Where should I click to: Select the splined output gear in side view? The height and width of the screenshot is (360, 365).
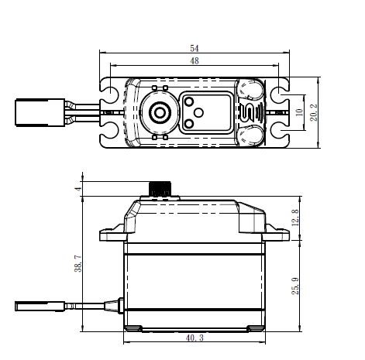[161, 190]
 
